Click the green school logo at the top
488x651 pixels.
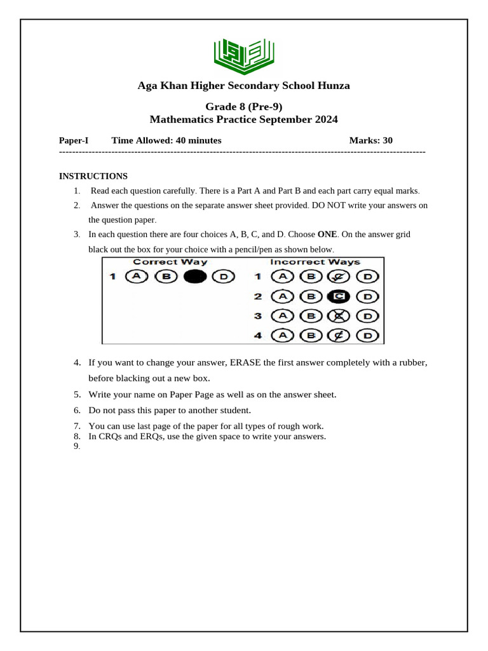coord(244,54)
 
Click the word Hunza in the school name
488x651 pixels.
coord(331,86)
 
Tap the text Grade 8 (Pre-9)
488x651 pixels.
coord(243,107)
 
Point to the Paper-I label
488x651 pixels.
coord(74,140)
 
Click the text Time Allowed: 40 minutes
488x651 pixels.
coord(166,140)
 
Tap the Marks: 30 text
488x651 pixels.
coord(371,140)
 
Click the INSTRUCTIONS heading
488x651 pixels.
coord(93,176)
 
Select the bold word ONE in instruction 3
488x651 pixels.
coord(328,235)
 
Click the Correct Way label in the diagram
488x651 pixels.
coord(170,262)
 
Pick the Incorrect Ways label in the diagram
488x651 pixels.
coord(315,262)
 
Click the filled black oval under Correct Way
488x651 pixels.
coord(195,277)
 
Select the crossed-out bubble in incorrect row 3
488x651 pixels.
coord(339,316)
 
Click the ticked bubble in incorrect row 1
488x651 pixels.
coord(339,277)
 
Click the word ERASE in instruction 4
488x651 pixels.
coord(247,362)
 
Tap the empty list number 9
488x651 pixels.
coord(77,446)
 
